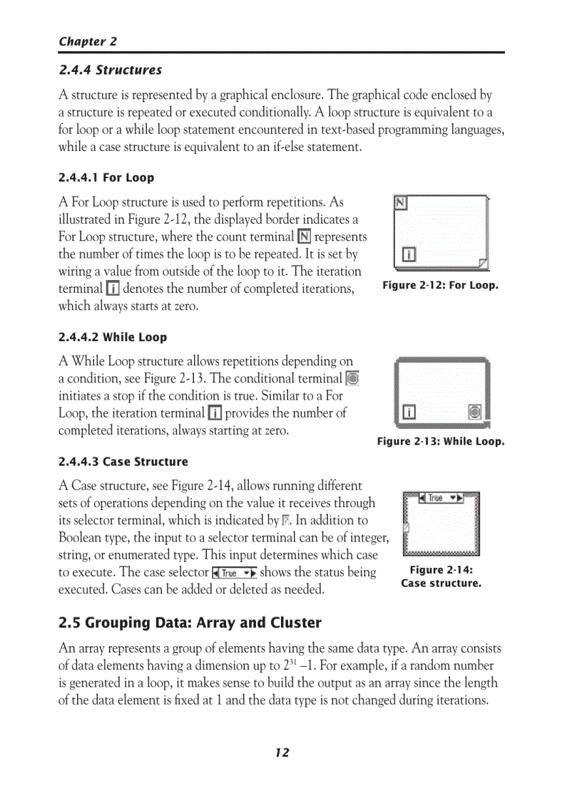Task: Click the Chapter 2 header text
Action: coord(88,41)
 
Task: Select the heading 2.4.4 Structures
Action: coord(110,70)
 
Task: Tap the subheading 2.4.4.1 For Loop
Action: coord(106,177)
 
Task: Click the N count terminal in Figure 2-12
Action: coord(401,203)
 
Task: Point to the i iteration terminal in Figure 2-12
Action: coord(409,254)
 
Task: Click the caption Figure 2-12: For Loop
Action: coord(440,286)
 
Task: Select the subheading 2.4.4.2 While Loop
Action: coord(112,337)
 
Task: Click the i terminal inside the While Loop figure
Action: coord(409,412)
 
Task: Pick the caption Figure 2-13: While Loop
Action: coord(440,442)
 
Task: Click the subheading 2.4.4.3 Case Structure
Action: coord(123,462)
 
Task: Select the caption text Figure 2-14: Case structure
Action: coord(441,576)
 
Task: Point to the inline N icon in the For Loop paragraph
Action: coord(304,237)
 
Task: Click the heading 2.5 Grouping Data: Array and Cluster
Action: coord(190,623)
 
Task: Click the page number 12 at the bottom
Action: coord(282,752)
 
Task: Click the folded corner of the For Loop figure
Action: coord(484,265)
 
